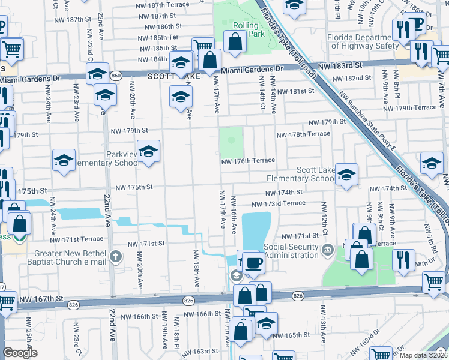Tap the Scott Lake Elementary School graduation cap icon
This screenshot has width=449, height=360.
coord(346,175)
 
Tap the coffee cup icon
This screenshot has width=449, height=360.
coord(254,262)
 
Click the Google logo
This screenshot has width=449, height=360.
coord(20,353)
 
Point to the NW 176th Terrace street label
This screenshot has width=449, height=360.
coord(247,161)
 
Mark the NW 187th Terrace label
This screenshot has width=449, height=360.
coord(163,5)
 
